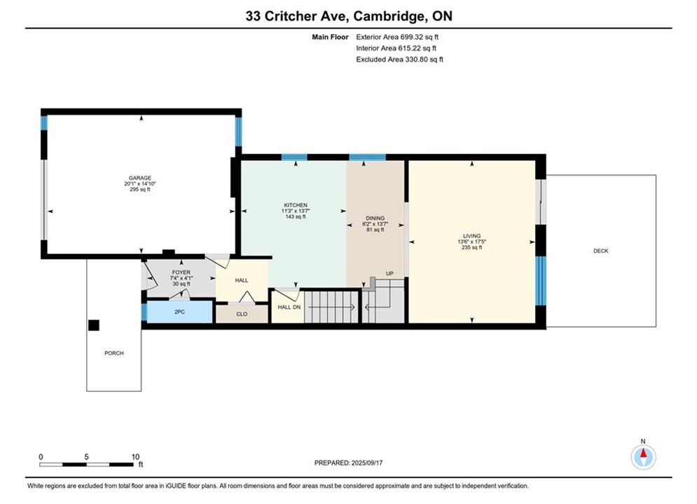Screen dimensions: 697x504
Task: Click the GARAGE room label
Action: [140, 178]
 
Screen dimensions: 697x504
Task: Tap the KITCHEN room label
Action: [296, 205]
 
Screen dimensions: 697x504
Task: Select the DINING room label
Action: [375, 218]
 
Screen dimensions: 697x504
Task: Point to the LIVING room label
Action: [471, 236]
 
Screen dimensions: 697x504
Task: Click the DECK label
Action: [601, 251]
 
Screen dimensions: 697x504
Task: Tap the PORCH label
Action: [113, 353]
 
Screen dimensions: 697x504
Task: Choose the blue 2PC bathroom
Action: [179, 312]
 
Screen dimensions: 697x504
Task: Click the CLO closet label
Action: [242, 314]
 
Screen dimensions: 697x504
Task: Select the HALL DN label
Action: [289, 307]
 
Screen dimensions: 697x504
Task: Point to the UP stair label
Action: [389, 274]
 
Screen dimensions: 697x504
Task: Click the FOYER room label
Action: [181, 272]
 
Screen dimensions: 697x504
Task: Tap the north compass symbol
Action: [643, 456]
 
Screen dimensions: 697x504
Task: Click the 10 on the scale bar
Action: [136, 456]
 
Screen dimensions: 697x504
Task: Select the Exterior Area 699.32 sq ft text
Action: [397, 37]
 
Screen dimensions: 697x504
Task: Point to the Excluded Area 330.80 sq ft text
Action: [399, 59]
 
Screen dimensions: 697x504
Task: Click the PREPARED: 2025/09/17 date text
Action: [349, 463]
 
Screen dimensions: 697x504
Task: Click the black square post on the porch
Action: [94, 325]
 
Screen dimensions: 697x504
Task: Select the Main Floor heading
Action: [330, 37]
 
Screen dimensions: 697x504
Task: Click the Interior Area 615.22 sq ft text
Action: [396, 48]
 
